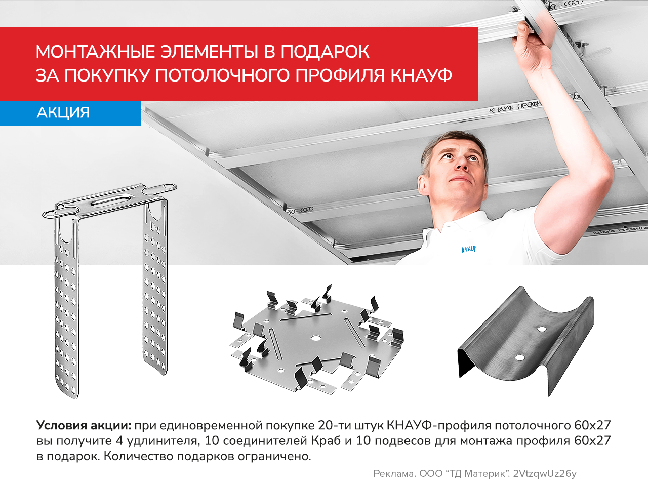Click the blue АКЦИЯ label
(63, 112)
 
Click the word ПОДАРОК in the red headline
(325, 52)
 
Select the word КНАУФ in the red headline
(421, 75)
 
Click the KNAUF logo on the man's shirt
(469, 249)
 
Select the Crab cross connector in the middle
(316, 339)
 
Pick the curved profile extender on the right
(526, 339)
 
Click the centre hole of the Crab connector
(316, 337)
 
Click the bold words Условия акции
(84, 425)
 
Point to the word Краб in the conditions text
(326, 440)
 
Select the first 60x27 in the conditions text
(592, 425)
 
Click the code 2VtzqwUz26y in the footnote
(545, 474)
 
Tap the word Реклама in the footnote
(394, 474)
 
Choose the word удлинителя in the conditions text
(162, 440)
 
